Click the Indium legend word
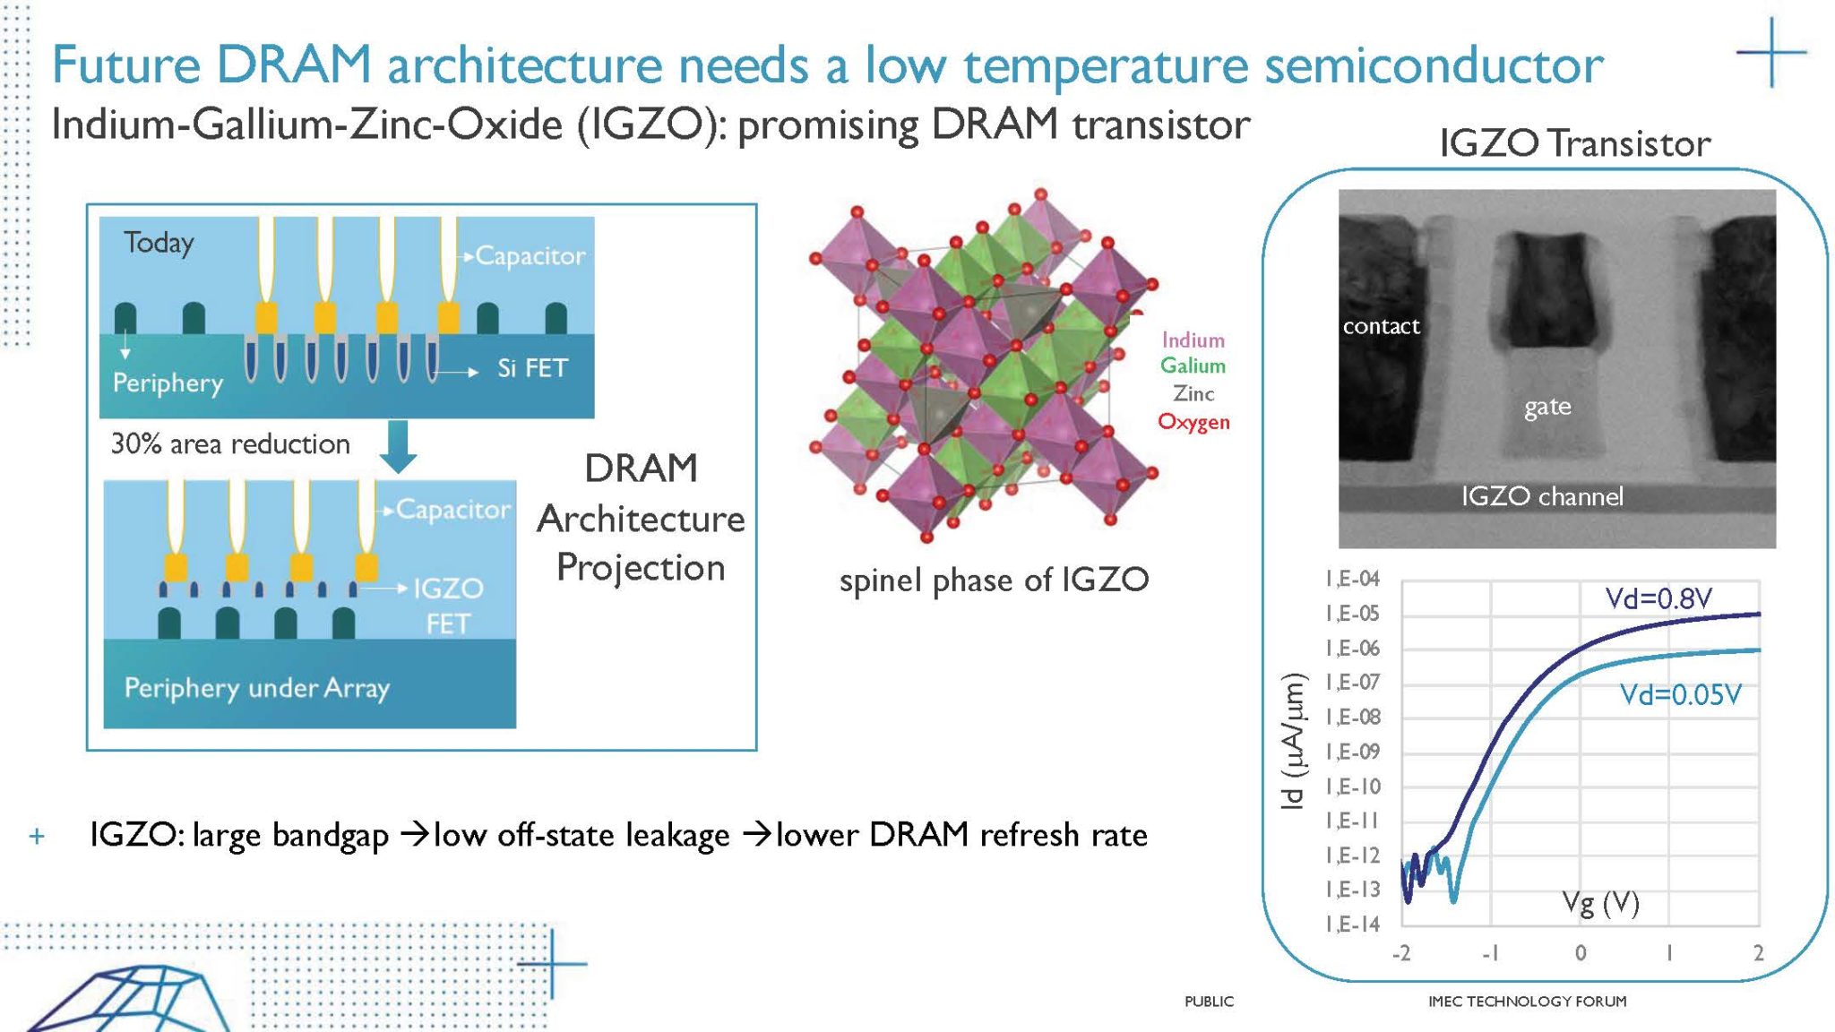point(1193,340)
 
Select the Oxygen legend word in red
point(1193,422)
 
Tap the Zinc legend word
point(1193,394)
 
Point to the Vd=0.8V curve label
point(1658,598)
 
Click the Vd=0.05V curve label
point(1680,695)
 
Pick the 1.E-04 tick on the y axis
point(1352,580)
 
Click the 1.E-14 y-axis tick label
point(1352,924)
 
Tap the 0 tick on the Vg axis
point(1581,953)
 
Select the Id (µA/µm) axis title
point(1293,741)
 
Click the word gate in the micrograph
point(1547,408)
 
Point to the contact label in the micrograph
point(1381,327)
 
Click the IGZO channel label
point(1542,496)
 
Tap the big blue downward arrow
point(398,446)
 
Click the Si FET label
point(532,368)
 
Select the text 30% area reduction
point(230,444)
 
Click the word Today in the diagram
point(159,243)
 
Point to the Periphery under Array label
point(256,688)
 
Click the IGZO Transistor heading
point(1574,144)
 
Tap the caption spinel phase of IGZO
point(993,580)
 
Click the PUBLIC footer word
point(1209,1002)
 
